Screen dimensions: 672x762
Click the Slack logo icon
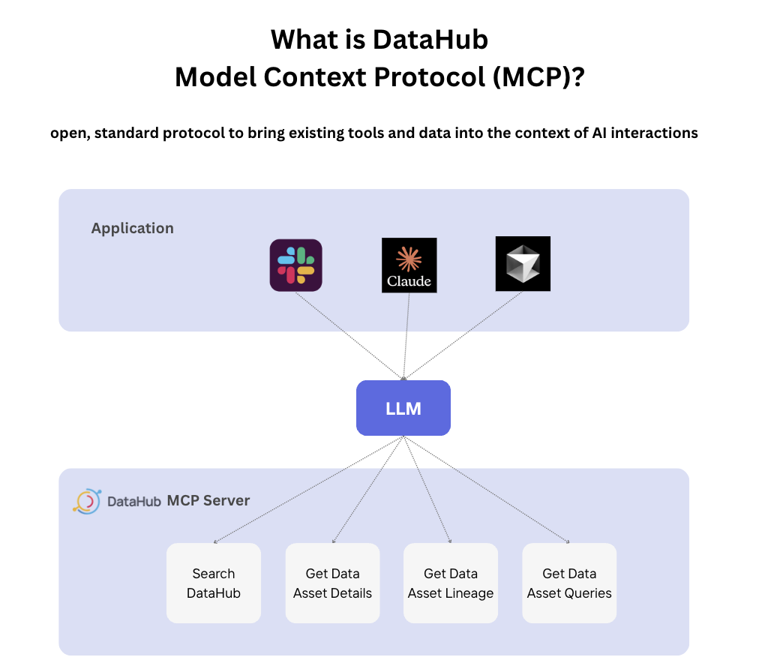[x=295, y=265]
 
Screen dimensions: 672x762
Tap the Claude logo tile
[x=409, y=265]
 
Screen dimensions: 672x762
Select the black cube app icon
[x=523, y=264]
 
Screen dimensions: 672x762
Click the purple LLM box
[x=403, y=408]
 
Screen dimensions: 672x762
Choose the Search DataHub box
[x=214, y=583]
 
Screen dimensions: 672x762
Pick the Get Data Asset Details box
[x=332, y=583]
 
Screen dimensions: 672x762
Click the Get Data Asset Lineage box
[x=451, y=583]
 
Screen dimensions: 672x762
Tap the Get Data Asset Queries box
[x=569, y=583]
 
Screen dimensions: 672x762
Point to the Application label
[x=132, y=228]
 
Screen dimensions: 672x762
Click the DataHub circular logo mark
[x=86, y=501]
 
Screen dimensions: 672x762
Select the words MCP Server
[x=208, y=500]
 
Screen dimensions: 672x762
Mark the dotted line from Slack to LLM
[x=349, y=334]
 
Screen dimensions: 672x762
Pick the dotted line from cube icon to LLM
[x=463, y=334]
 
